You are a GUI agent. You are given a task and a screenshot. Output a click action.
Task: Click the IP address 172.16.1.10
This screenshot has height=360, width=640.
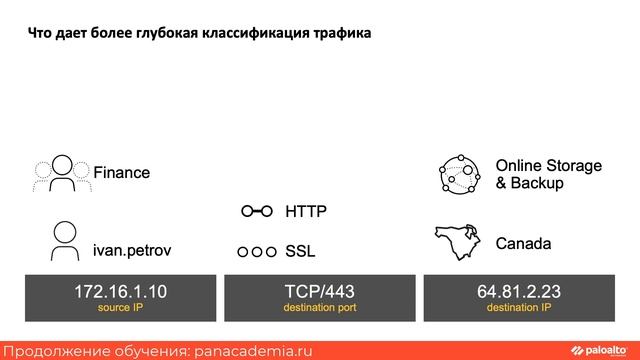click(120, 291)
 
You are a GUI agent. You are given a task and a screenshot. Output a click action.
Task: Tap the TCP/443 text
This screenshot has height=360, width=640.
click(319, 291)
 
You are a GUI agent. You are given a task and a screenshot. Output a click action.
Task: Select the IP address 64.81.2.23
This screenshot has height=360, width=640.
click(518, 291)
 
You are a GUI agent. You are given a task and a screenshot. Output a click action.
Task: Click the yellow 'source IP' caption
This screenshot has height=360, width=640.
click(120, 307)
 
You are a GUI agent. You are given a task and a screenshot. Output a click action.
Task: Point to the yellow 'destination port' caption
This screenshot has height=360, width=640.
click(319, 307)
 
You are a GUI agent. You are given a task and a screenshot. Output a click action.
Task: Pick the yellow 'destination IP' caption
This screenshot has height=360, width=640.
click(518, 307)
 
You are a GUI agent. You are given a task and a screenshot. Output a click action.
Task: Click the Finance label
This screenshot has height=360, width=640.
click(121, 173)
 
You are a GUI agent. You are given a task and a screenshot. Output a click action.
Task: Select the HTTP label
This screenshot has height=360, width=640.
click(306, 212)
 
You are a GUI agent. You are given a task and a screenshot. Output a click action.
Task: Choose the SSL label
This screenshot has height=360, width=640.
click(300, 250)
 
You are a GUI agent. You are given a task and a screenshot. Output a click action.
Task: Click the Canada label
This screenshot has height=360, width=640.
click(523, 243)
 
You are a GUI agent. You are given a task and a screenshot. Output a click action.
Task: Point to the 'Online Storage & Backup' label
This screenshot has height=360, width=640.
click(548, 174)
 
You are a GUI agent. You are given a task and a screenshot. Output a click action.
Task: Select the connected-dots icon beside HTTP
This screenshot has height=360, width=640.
click(257, 212)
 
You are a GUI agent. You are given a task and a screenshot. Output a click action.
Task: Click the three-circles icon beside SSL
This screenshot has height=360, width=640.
click(257, 251)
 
